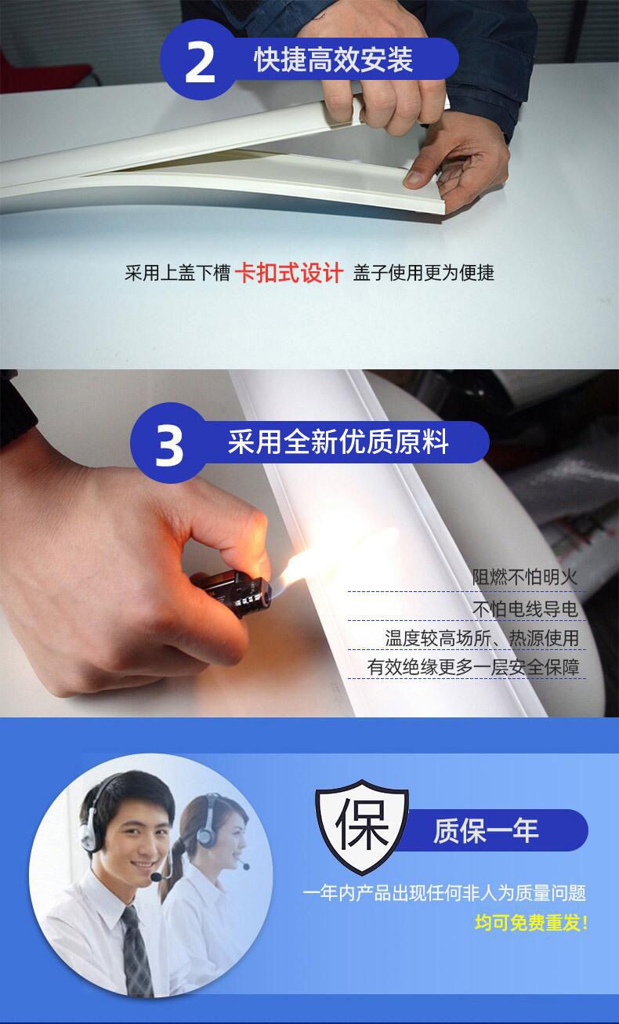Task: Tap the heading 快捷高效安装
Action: coord(333,60)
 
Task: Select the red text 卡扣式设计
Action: coord(288,273)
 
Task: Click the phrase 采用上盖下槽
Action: coord(177,273)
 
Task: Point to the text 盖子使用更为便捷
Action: coord(423,273)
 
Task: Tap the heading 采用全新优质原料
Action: coord(338,441)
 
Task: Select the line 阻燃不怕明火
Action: coord(525,577)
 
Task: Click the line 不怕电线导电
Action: coord(525,609)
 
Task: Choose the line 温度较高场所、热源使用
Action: coord(482,638)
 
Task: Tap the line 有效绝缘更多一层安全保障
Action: coord(473,667)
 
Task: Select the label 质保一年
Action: coord(486,830)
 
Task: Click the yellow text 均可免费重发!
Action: coord(530,923)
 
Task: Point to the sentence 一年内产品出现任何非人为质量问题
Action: coord(444,893)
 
